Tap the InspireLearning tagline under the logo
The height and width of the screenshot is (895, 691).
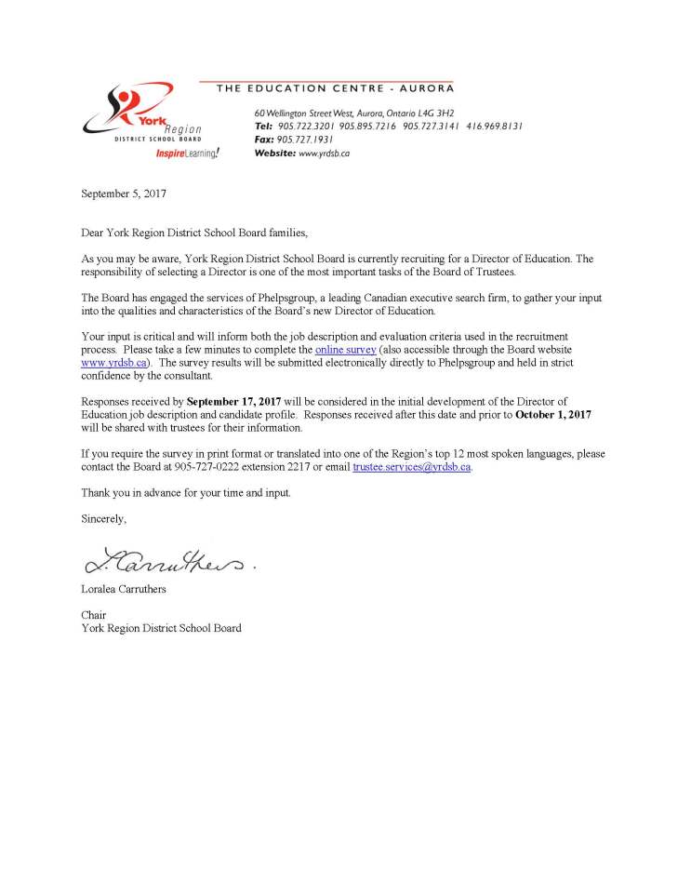[188, 153]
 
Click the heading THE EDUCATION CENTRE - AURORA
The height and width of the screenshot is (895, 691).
[335, 88]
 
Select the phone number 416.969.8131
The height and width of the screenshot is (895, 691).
[495, 126]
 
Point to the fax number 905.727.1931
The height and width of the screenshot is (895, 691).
[305, 139]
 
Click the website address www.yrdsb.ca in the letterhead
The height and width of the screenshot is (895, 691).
[324, 153]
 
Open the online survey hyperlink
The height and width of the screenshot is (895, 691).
[346, 349]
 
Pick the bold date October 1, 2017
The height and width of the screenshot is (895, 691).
[552, 414]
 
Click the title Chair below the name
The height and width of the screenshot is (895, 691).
[94, 615]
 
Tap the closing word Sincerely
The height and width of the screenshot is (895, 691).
[103, 518]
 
